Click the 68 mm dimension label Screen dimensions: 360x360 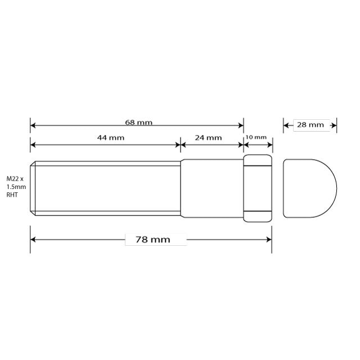tap(139, 122)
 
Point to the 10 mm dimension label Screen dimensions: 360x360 tap(256, 137)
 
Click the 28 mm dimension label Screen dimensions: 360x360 tap(310, 125)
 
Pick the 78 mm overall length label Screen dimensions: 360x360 tap(153, 240)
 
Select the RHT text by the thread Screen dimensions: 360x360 tap(12, 195)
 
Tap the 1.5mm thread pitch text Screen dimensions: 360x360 tap(16, 187)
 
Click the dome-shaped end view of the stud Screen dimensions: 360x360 tap(309, 188)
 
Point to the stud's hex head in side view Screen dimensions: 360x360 tap(258, 188)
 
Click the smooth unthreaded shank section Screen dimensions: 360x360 tap(211, 188)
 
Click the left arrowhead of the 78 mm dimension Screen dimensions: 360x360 tap(33, 240)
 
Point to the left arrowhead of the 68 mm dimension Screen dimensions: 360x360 tap(33, 125)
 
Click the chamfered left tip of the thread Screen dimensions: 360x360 tap(33, 188)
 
